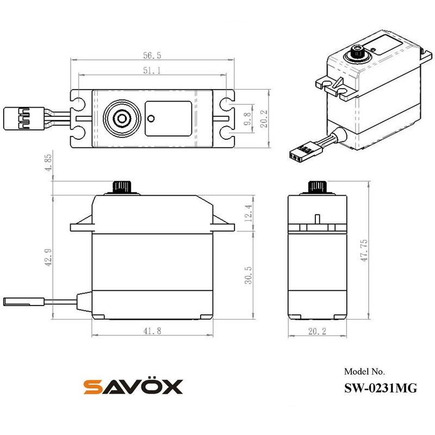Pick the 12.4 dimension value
[x=248, y=213]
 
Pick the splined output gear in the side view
[x=316, y=187]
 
